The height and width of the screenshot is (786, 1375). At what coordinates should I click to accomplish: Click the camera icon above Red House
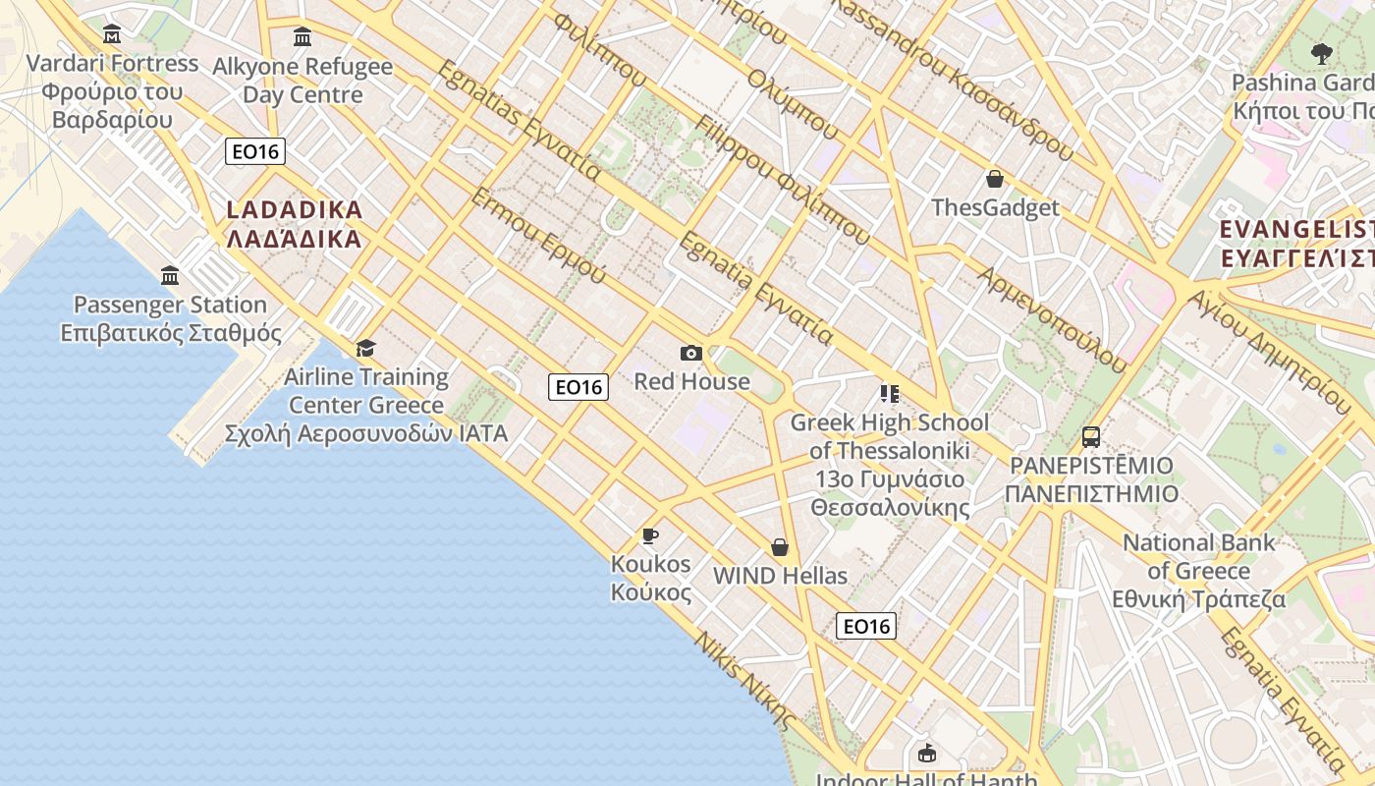coord(690,353)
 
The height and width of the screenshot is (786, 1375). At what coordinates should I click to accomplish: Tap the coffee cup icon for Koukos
coord(649,535)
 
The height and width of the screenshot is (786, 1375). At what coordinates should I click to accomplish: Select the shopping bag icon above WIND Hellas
coord(780,547)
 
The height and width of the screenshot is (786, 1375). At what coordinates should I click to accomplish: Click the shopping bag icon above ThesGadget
coord(995,179)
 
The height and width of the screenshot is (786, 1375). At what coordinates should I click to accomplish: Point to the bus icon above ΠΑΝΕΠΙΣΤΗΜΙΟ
coord(1091,436)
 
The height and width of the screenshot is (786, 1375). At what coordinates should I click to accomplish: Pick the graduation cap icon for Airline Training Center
coord(365,348)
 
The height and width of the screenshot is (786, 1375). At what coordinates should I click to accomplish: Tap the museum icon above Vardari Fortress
coord(112,35)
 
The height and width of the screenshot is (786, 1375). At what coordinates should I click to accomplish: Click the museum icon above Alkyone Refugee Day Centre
coord(302,37)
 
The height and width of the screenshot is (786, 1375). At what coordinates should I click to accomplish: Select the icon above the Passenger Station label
coord(170,275)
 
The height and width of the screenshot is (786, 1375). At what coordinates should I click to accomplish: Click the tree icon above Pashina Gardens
coord(1321,53)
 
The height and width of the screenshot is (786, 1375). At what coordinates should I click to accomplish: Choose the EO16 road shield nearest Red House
coord(578,387)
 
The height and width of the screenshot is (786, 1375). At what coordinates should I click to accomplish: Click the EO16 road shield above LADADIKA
coord(254,151)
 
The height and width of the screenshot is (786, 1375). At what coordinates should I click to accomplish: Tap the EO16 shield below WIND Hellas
coord(866,626)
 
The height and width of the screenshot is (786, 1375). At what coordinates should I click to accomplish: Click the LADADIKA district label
coord(294,224)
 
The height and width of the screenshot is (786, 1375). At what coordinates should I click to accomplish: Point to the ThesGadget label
coord(995,207)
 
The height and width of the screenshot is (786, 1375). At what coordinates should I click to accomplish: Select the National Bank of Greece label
coord(1198,571)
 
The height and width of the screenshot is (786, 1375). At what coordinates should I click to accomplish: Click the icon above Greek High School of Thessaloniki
coord(890,394)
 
